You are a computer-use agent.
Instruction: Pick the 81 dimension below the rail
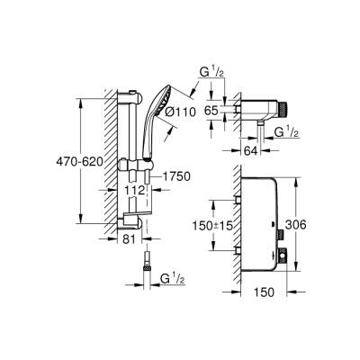point(103,240)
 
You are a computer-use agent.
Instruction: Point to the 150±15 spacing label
point(196,220)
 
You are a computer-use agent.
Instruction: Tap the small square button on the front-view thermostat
point(284,257)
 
